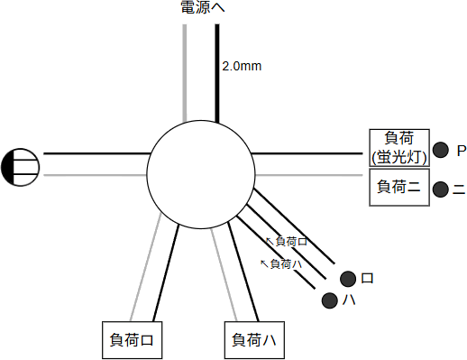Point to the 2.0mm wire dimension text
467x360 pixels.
[241, 66]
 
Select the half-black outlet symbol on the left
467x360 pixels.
[21, 167]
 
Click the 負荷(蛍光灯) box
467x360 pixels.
[398, 147]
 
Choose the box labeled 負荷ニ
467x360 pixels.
[398, 188]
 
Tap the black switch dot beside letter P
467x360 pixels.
[441, 150]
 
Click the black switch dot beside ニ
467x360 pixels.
[441, 189]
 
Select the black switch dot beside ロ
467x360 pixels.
[347, 278]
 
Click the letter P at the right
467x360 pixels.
[461, 150]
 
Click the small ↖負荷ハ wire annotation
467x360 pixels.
[280, 263]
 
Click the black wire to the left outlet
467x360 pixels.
[95, 153]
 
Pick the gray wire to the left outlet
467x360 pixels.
[95, 174]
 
